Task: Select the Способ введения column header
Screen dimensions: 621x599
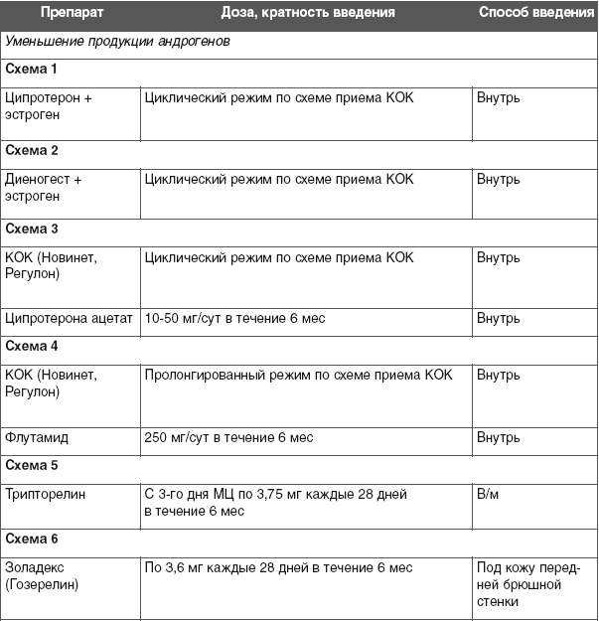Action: point(534,13)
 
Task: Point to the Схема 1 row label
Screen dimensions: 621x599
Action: point(32,69)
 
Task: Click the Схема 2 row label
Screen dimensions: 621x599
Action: point(32,150)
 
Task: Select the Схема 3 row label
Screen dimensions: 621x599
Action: point(32,229)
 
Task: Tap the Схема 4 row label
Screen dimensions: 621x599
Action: point(32,347)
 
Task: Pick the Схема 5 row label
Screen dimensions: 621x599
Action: point(32,464)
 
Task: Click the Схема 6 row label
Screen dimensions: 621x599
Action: point(32,539)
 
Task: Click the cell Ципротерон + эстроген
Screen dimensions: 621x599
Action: point(49,106)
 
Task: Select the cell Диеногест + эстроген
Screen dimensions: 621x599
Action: point(44,188)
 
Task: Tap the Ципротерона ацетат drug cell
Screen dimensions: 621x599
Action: point(69,319)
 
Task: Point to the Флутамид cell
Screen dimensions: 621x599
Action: point(37,437)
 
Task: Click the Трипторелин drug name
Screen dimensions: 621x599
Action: point(46,494)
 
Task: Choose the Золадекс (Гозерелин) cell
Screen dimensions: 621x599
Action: point(42,576)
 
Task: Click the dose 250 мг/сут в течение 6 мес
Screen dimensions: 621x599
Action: point(228,437)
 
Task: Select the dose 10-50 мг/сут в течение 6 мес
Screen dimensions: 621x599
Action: point(234,319)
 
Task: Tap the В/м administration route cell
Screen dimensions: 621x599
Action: point(487,494)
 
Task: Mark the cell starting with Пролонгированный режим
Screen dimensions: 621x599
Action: point(298,375)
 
